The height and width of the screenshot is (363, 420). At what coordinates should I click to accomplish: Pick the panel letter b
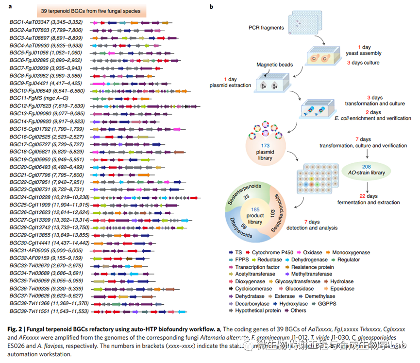coord(211,7)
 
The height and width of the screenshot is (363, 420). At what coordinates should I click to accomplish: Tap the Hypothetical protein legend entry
coord(259,311)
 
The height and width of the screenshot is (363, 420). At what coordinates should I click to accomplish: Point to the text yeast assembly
coord(363,53)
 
